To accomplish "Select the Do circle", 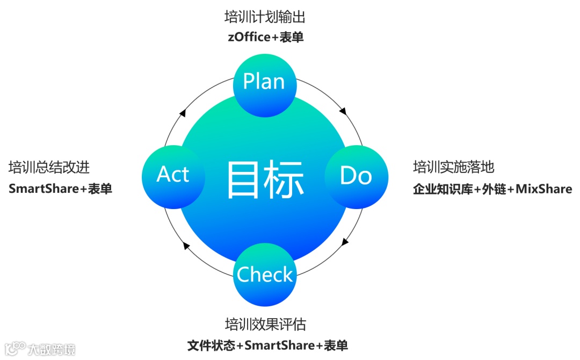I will pyautogui.click(x=356, y=176).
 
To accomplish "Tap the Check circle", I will pyautogui.click(x=265, y=275).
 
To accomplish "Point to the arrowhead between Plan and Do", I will pyautogui.click(x=343, y=112).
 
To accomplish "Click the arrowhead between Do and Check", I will pyautogui.click(x=344, y=242).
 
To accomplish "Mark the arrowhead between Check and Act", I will pyautogui.click(x=186, y=246).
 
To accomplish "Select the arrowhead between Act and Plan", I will pyautogui.click(x=183, y=113).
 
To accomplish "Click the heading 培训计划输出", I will pyautogui.click(x=265, y=17).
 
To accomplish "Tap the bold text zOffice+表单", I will pyautogui.click(x=265, y=37).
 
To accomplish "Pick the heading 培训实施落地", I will pyautogui.click(x=453, y=167).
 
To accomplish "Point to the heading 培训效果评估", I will pyautogui.click(x=265, y=325).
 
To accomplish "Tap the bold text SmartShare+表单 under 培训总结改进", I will pyautogui.click(x=60, y=189).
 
